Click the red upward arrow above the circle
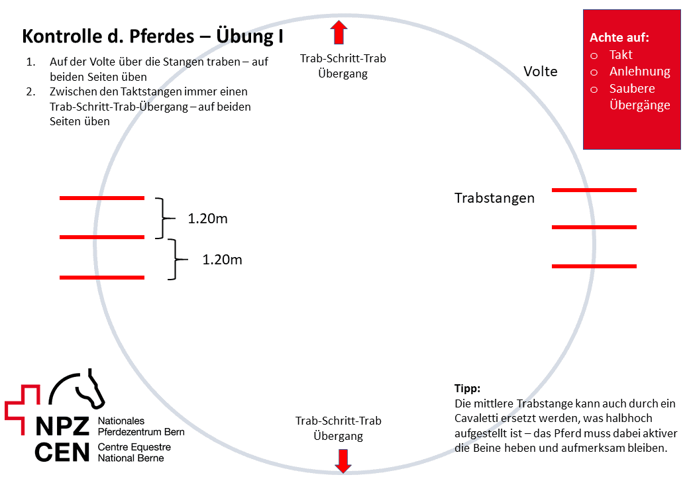point(339,32)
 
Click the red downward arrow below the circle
point(343,460)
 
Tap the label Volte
point(541,72)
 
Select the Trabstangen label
point(494,198)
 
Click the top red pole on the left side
point(101,198)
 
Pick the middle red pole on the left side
point(101,237)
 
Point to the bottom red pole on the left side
point(101,277)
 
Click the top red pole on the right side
point(594,190)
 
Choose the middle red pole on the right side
point(594,227)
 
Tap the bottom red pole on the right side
point(594,266)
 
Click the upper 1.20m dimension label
point(207,219)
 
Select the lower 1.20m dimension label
point(222,260)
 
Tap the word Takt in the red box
point(621,55)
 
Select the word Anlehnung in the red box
point(640,72)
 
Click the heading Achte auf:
point(619,38)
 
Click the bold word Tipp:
point(467,388)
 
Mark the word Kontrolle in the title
point(58,36)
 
